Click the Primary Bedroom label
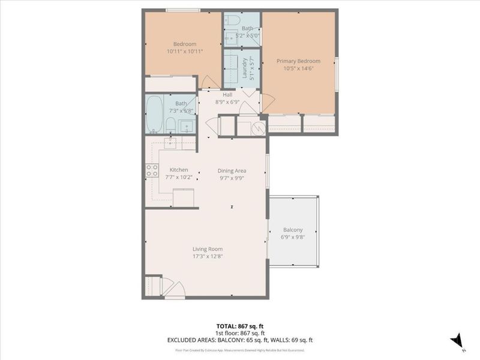298,61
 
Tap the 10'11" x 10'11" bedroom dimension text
185,52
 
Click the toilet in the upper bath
231,21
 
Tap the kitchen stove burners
151,170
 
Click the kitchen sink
171,143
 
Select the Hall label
227,95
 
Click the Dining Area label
232,170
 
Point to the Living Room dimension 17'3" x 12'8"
208,256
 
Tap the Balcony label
293,230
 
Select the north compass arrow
458,340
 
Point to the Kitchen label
179,170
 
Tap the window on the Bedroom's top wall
183,10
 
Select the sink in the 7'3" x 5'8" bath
186,127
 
